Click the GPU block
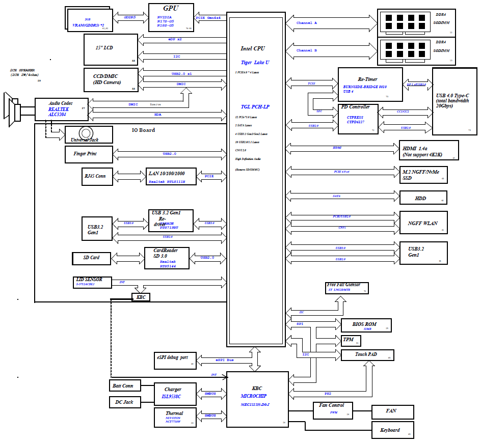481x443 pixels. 171,17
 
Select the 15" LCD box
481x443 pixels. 111,49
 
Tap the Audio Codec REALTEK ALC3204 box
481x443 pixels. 62,109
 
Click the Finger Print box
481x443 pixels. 89,153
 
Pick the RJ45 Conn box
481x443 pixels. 95,176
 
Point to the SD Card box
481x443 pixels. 91,258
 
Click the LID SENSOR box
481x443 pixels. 92,282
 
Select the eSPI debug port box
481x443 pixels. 175,360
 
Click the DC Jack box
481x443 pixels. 124,402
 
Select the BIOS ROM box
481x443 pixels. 365,325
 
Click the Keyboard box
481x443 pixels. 392,430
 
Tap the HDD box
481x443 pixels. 423,198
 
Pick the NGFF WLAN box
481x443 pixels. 423,223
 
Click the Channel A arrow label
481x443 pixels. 307,23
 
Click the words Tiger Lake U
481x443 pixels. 255,62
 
